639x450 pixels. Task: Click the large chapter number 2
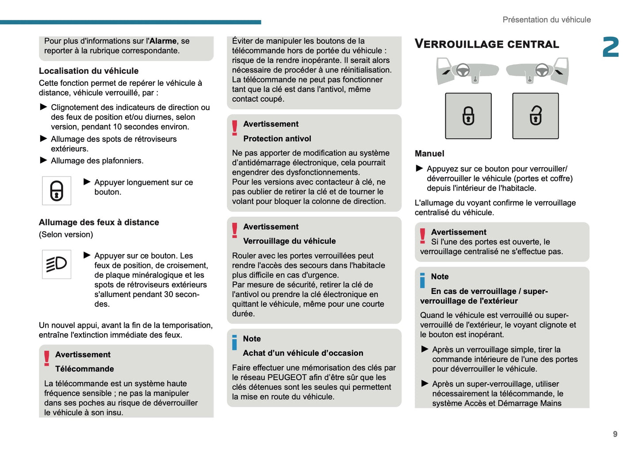point(611,47)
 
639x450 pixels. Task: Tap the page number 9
point(615,434)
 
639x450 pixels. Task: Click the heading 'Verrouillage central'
point(486,44)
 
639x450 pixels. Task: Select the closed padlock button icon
point(468,116)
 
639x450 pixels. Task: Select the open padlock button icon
point(535,116)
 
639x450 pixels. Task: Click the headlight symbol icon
point(57,264)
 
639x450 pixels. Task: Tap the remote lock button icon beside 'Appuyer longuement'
point(57,191)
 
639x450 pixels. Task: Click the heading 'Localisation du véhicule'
point(88,71)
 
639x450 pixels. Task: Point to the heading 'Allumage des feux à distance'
point(99,222)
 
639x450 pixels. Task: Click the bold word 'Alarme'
point(163,41)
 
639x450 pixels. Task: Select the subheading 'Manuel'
point(429,154)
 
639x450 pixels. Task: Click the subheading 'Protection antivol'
point(277,139)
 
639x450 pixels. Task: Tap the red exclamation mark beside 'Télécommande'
point(47,358)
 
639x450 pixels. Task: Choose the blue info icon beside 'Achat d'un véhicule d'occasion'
point(235,342)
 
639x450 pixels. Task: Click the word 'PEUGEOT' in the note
point(287,378)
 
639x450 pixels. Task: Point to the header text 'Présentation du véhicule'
point(546,20)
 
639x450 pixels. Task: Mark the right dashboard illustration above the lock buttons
point(537,71)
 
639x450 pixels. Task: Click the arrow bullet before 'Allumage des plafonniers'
point(43,160)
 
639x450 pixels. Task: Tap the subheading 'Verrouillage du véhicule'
point(289,241)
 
